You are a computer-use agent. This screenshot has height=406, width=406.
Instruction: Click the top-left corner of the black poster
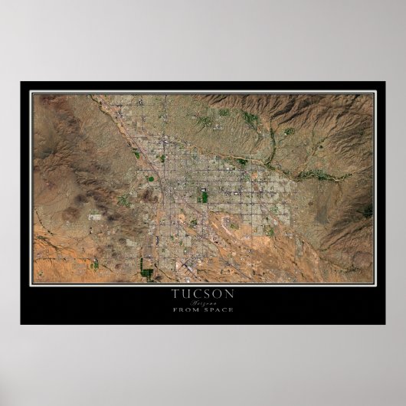[x=21, y=82]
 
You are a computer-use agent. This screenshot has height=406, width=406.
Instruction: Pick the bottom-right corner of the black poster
[x=385, y=324]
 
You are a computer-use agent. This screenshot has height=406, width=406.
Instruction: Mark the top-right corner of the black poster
[x=385, y=82]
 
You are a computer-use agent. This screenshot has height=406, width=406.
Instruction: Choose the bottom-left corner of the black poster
[x=21, y=324]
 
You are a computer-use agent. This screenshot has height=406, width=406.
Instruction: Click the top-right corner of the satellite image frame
[x=374, y=93]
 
